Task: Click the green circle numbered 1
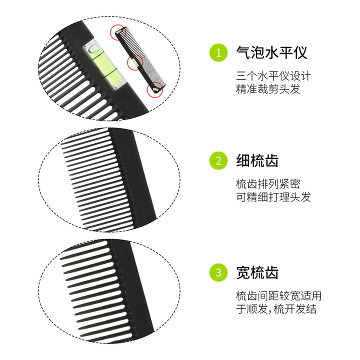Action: [218, 52]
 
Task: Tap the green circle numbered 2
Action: [218, 160]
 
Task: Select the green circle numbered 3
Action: [218, 272]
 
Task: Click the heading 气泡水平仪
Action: [271, 52]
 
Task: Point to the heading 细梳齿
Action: [257, 160]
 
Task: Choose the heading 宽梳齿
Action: [257, 272]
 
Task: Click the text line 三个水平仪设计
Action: [273, 76]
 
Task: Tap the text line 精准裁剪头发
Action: [268, 89]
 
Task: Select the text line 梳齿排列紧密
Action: [268, 183]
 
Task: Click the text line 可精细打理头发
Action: [273, 197]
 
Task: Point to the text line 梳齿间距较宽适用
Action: [278, 295]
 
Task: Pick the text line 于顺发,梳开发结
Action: [276, 309]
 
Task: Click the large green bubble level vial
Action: [104, 64]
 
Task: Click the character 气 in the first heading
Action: [243, 52]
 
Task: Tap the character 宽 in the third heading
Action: [243, 272]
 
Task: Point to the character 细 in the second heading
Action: [243, 160]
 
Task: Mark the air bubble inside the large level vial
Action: [94, 48]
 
